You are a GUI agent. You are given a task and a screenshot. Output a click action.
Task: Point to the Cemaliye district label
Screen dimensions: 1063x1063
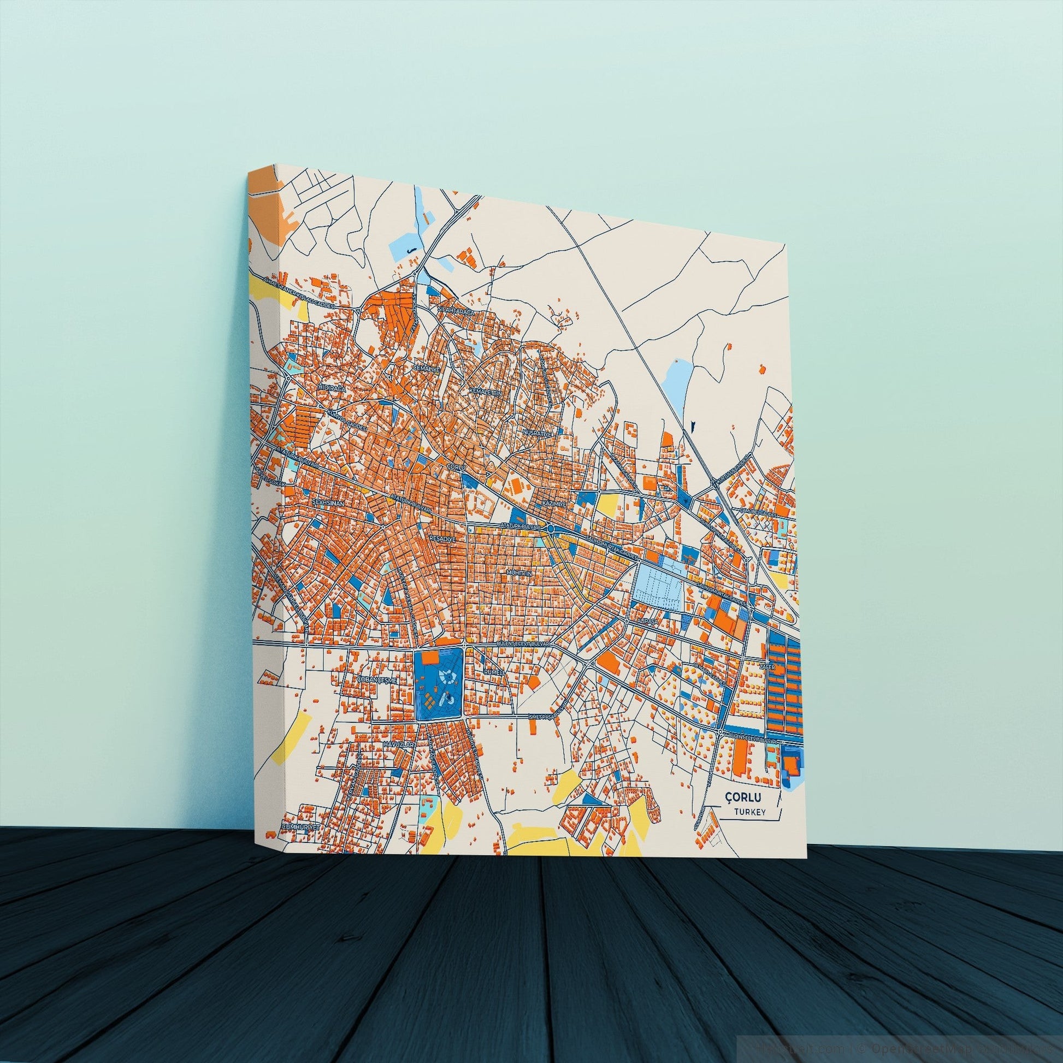pyautogui.click(x=427, y=368)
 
